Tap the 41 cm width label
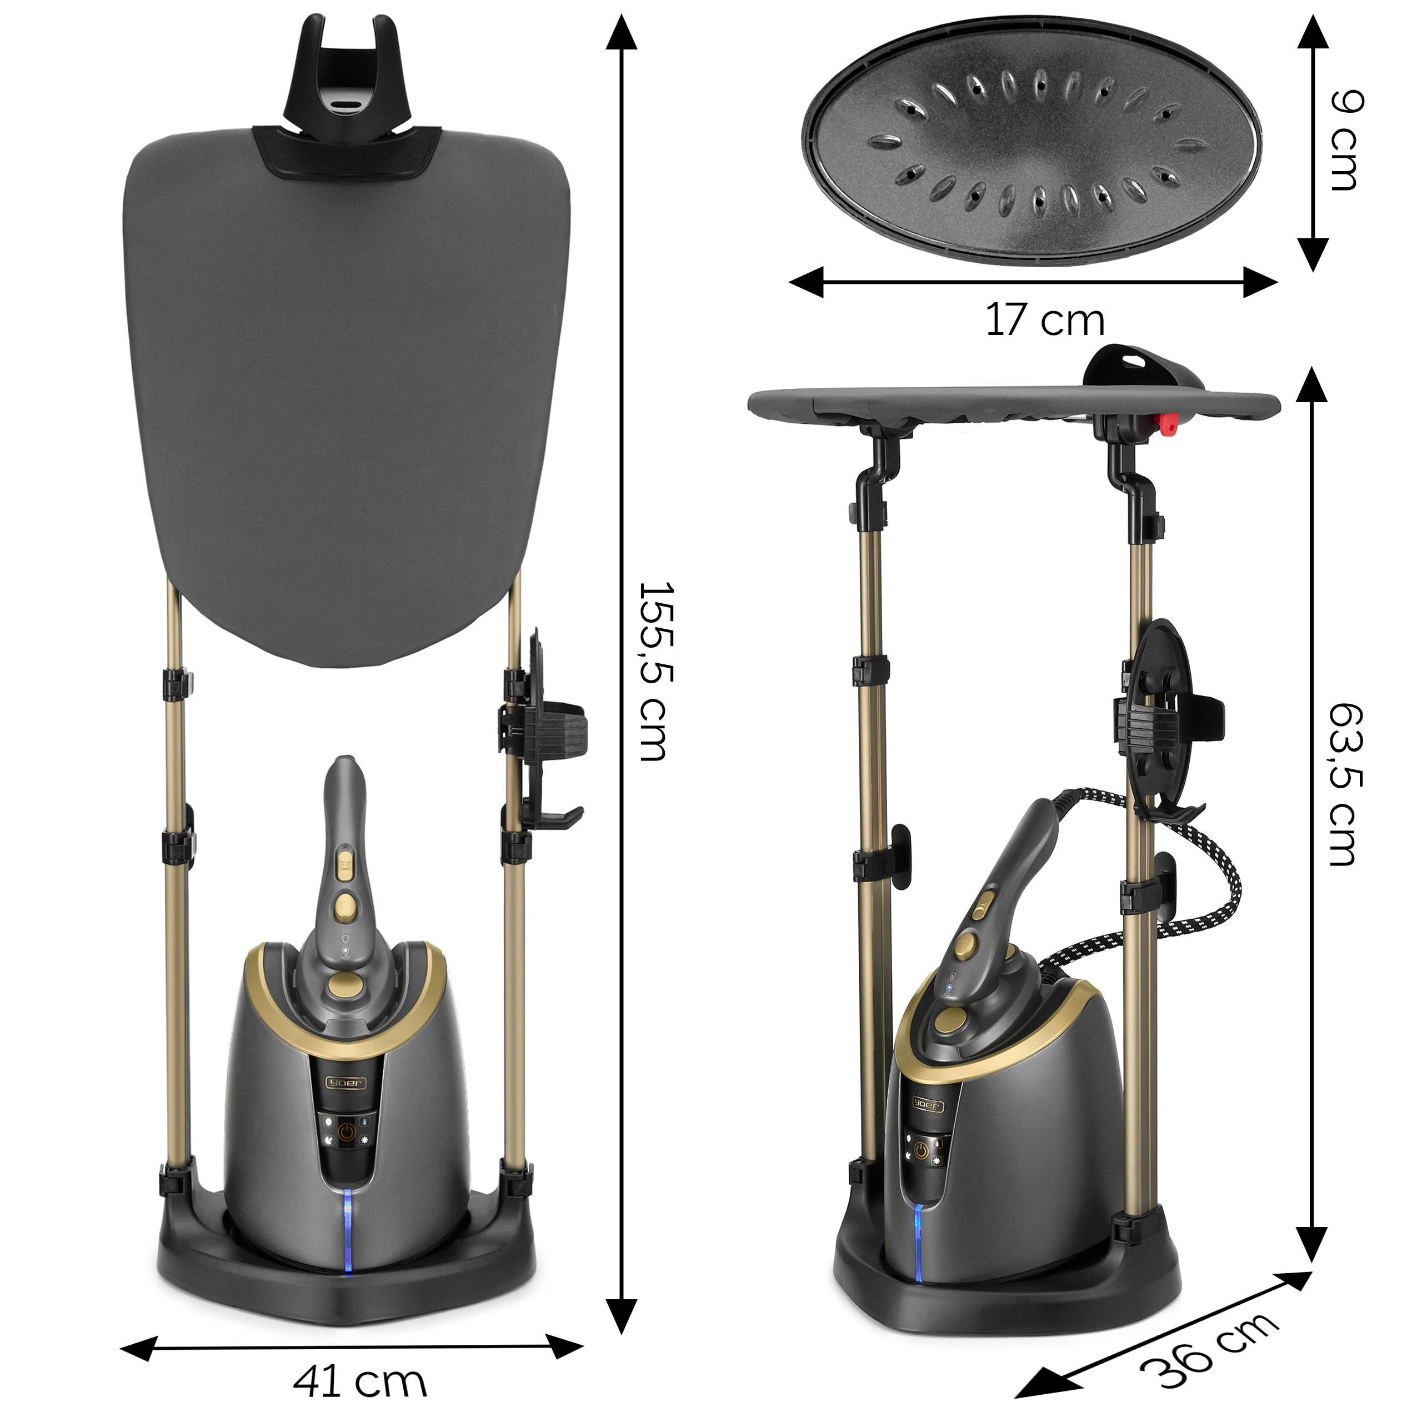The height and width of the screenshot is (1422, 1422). coord(360,1381)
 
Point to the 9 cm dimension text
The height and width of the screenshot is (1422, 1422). coord(1348,140)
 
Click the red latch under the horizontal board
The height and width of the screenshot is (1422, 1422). coord(1166,423)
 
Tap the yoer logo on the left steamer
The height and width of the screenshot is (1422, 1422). coord(345,1083)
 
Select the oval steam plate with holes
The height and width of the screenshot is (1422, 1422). coord(1030,139)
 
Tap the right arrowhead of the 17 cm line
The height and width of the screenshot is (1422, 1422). coord(1260,282)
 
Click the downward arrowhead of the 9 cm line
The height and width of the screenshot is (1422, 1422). coord(1313,254)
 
